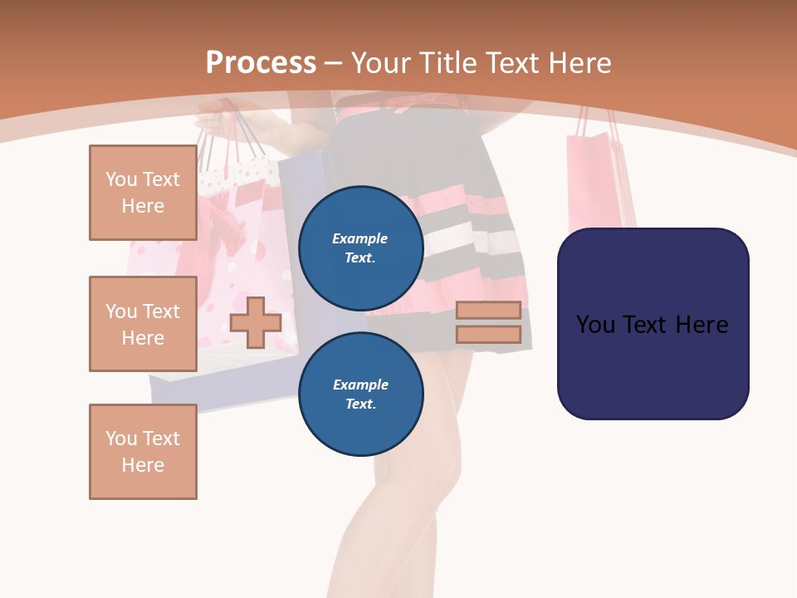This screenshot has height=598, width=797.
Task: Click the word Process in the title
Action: [261, 62]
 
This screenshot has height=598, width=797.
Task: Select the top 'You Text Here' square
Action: [143, 193]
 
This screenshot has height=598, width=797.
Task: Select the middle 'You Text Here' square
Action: [143, 324]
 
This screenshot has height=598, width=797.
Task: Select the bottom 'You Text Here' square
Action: [143, 452]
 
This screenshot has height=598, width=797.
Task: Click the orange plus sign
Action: [256, 322]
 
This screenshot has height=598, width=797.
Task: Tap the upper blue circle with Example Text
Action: [360, 248]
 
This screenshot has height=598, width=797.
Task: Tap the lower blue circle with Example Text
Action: [360, 394]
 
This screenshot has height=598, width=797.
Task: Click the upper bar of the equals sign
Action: [488, 311]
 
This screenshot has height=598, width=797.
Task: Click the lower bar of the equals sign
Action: [488, 335]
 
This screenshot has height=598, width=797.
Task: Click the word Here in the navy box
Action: [702, 325]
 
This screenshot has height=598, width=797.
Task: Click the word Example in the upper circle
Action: [360, 238]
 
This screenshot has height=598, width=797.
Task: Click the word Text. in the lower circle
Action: [360, 404]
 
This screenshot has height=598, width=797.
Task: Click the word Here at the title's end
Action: [579, 63]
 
